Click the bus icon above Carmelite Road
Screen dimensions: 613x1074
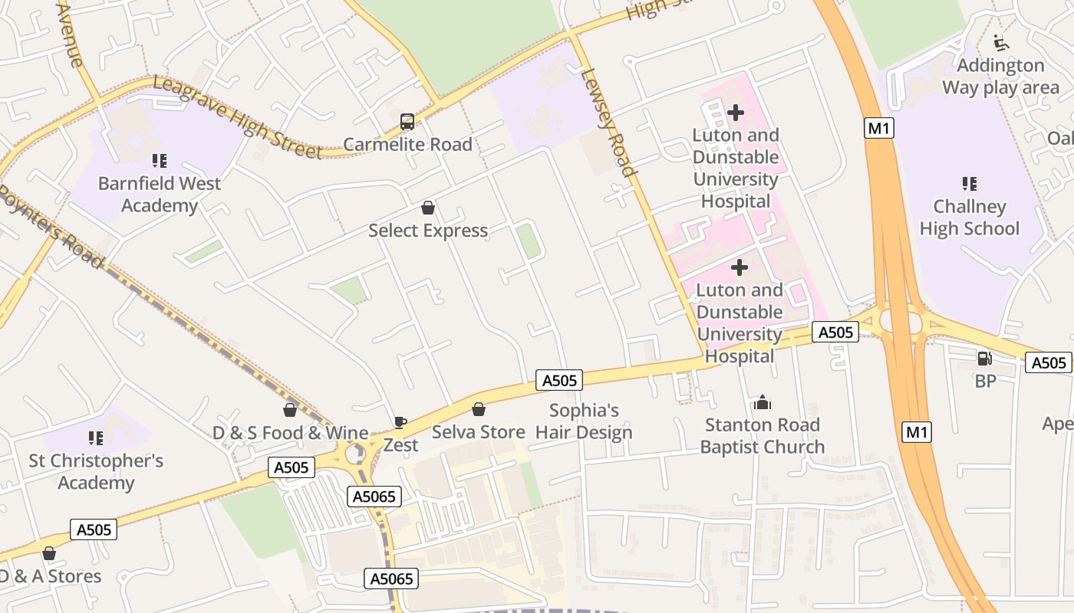(x=407, y=121)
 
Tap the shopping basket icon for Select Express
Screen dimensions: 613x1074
(x=428, y=208)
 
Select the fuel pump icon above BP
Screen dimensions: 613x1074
(x=984, y=358)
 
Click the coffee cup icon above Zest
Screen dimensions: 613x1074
(x=400, y=422)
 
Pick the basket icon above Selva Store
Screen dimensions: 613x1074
(x=479, y=409)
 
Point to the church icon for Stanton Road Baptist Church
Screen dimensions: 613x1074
(x=763, y=402)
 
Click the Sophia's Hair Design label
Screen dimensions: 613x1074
(x=584, y=421)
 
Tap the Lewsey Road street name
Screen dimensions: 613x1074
(x=608, y=123)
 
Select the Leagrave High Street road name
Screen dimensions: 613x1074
(x=238, y=117)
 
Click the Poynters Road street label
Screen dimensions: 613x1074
(x=51, y=227)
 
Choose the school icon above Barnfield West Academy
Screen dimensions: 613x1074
(x=160, y=161)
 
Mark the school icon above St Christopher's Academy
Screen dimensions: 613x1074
(x=96, y=438)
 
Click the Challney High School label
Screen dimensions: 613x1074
(x=970, y=218)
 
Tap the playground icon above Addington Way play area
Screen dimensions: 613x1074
(x=1000, y=42)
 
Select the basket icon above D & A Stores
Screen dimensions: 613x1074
(x=49, y=553)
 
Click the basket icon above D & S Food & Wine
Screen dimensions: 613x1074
(x=290, y=410)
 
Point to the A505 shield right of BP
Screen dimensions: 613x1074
(x=1048, y=362)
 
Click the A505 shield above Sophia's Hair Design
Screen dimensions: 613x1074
(x=559, y=380)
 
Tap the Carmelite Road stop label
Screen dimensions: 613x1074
(x=407, y=144)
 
